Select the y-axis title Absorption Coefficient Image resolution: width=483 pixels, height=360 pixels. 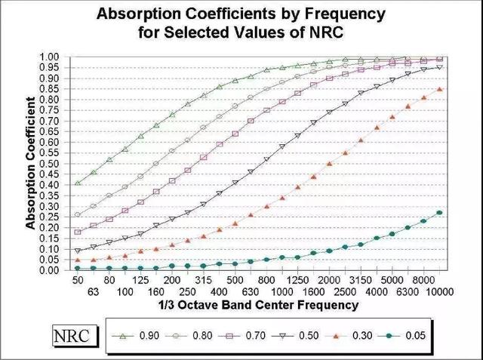(x=31, y=163)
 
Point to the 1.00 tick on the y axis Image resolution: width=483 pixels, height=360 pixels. (x=48, y=57)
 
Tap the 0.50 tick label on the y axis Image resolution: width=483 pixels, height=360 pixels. (x=48, y=163)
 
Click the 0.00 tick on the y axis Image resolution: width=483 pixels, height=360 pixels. (x=48, y=269)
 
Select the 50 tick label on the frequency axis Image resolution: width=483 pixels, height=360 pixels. (x=77, y=280)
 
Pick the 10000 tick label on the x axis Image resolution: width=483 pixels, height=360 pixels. (x=439, y=291)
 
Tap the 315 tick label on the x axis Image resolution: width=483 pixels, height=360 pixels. (x=203, y=280)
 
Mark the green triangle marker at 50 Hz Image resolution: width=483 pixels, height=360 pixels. (x=78, y=183)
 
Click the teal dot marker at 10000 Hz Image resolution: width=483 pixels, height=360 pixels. (x=439, y=213)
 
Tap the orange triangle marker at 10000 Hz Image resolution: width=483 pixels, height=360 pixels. (x=439, y=89)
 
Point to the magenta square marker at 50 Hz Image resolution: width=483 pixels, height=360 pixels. (x=78, y=232)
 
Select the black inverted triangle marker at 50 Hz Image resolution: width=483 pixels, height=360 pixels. (x=78, y=251)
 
